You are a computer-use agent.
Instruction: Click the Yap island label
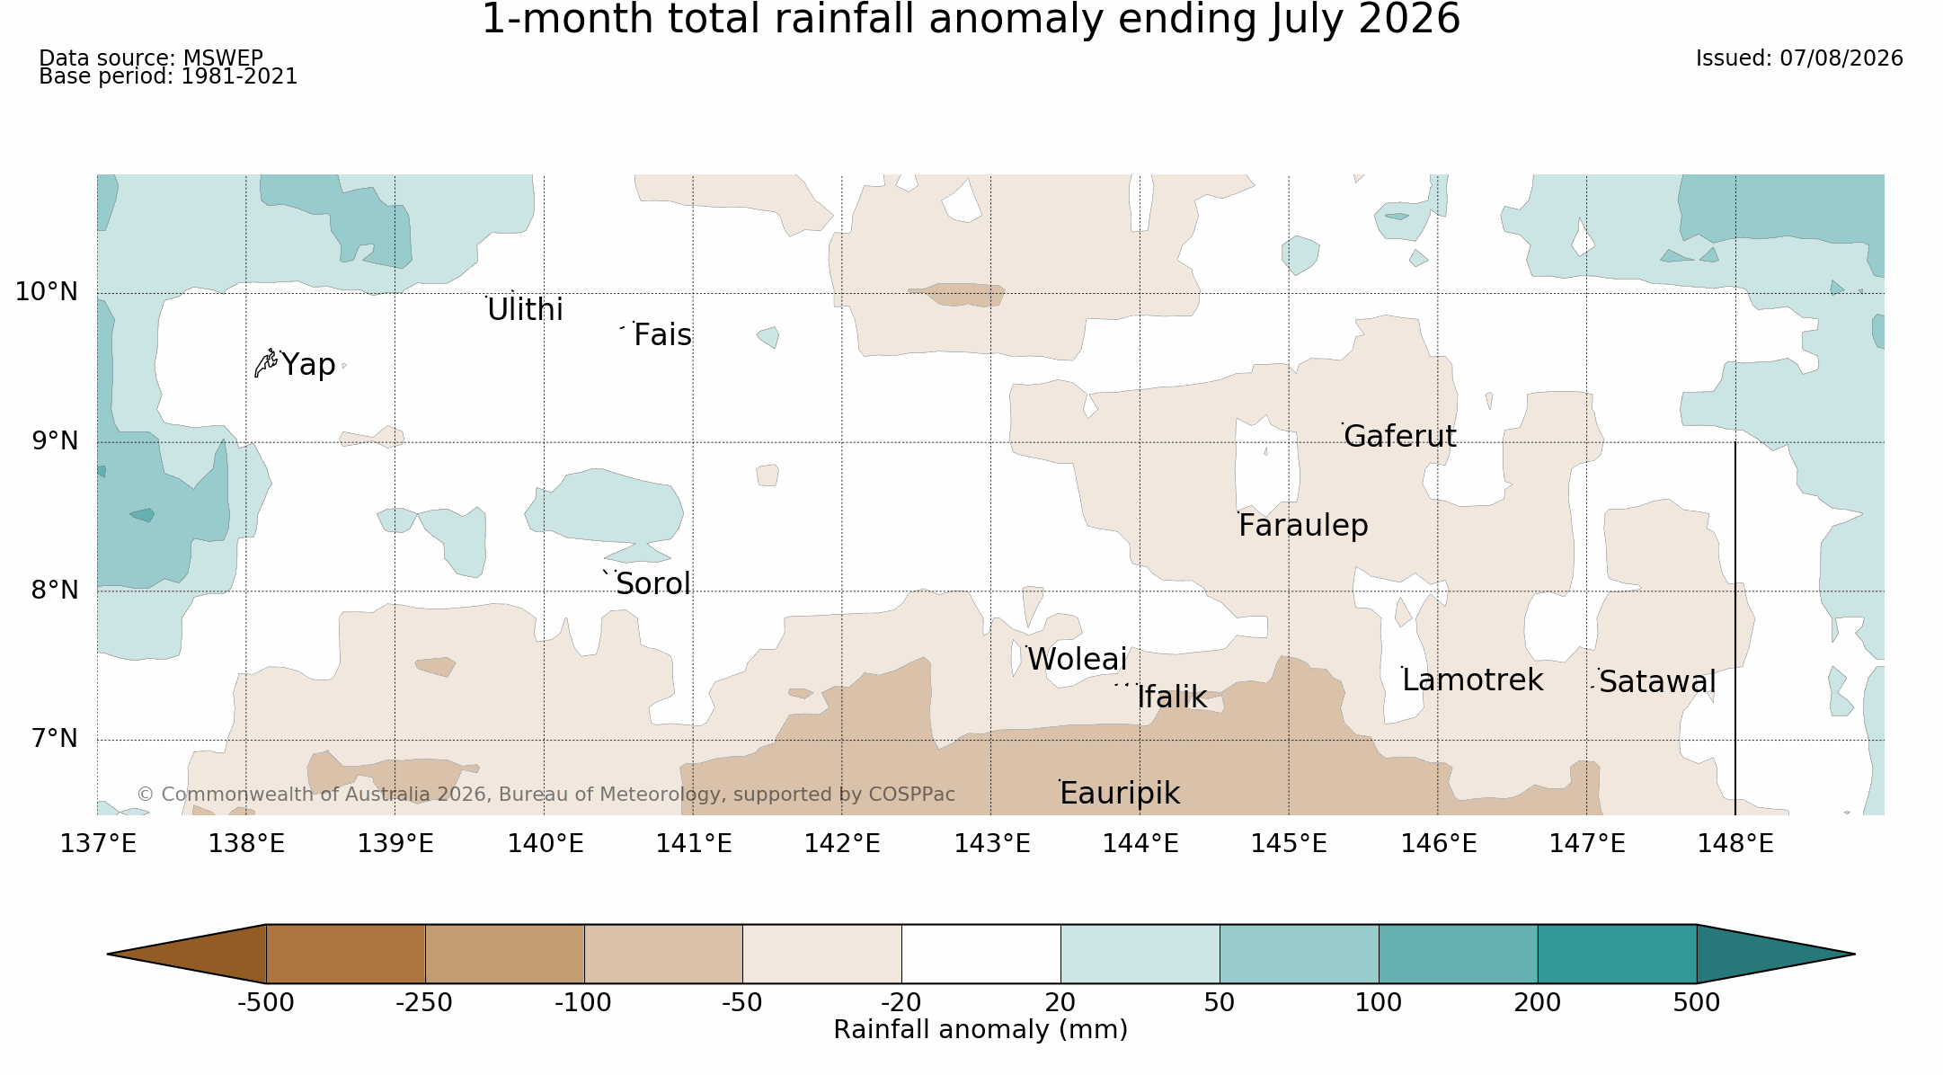(308, 365)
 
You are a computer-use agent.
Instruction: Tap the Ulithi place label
(525, 310)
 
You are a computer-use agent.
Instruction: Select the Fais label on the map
(662, 335)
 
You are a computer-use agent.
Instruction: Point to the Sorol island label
(653, 584)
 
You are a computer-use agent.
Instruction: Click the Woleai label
(1077, 660)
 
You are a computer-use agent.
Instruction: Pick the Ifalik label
(1172, 697)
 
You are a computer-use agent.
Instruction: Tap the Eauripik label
(1120, 793)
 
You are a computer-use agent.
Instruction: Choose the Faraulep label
(1303, 525)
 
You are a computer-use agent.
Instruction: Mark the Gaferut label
(1399, 437)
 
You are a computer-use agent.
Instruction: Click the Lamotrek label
(1472, 680)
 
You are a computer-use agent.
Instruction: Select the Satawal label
(1657, 682)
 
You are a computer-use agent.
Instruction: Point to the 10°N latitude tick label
(47, 292)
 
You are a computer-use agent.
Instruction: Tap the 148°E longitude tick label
(1735, 844)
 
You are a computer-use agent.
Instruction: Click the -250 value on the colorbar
(424, 1003)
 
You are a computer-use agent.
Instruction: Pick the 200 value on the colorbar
(1538, 1003)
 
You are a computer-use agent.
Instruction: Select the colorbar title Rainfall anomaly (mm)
(980, 1030)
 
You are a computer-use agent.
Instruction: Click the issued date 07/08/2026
(1841, 58)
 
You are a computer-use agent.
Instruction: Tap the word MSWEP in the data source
(223, 58)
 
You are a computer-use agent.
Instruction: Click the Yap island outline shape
(265, 363)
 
